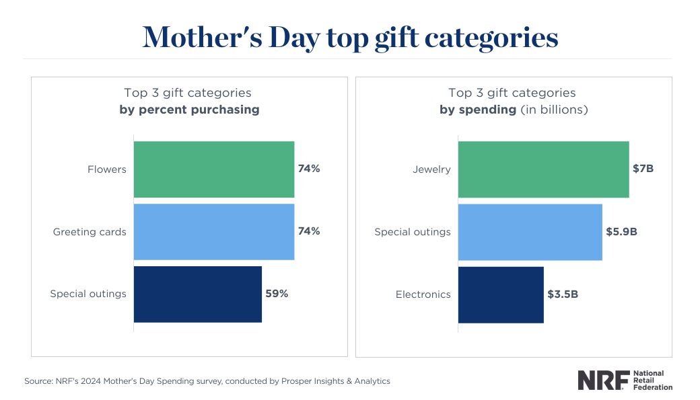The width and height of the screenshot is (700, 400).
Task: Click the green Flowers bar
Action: pyautogui.click(x=214, y=169)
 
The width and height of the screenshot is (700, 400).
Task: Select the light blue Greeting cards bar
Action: pyautogui.click(x=214, y=232)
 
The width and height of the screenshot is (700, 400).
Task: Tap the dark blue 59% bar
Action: pyautogui.click(x=198, y=294)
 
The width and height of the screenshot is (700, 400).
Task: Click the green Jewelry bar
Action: pyautogui.click(x=543, y=169)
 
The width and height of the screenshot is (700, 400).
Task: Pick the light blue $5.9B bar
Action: pyautogui.click(x=530, y=232)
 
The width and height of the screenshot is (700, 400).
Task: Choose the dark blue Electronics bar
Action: pyautogui.click(x=501, y=294)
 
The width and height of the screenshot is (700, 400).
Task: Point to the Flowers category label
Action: pyautogui.click(x=107, y=169)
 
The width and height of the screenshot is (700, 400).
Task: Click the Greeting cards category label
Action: pyautogui.click(x=90, y=232)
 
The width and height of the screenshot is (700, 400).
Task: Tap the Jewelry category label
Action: pyautogui.click(x=431, y=169)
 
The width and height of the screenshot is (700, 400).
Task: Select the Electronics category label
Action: pyautogui.click(x=423, y=294)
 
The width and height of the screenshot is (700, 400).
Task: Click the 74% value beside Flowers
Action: pyautogui.click(x=309, y=169)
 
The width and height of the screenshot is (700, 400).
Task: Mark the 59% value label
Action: pyautogui.click(x=277, y=294)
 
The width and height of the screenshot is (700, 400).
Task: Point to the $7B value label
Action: pyautogui.click(x=643, y=169)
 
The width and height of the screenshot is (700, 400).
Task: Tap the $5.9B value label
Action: pyautogui.click(x=622, y=231)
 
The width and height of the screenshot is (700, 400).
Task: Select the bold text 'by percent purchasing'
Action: pyautogui.click(x=189, y=110)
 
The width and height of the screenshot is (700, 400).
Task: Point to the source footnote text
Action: pyautogui.click(x=207, y=381)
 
